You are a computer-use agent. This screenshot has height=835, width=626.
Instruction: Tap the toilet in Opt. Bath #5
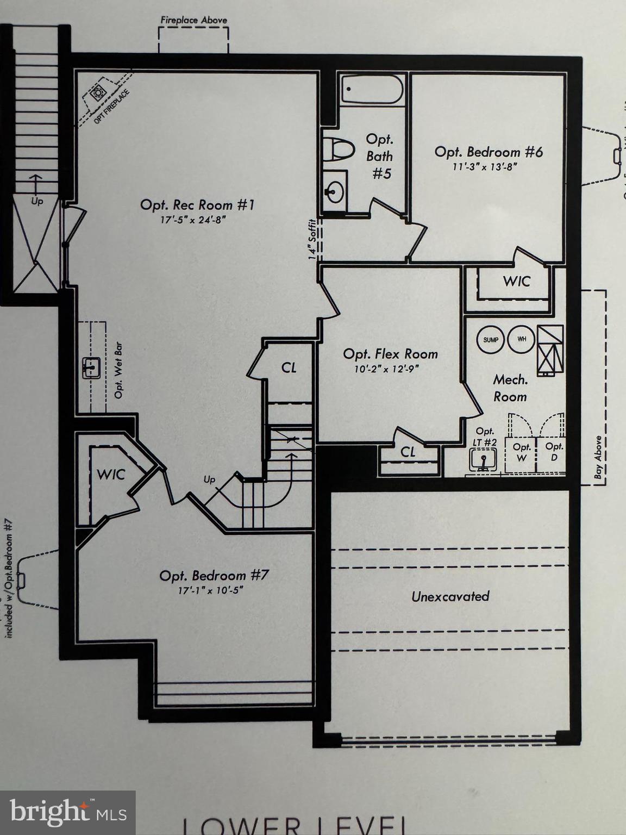pyautogui.click(x=338, y=148)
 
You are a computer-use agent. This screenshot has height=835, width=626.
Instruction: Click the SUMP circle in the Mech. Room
pyautogui.click(x=490, y=340)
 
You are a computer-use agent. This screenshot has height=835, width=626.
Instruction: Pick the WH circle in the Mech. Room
pyautogui.click(x=522, y=340)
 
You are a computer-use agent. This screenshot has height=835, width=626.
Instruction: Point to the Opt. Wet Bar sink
pyautogui.click(x=90, y=368)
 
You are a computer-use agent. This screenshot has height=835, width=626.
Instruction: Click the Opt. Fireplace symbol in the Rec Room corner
pyautogui.click(x=99, y=94)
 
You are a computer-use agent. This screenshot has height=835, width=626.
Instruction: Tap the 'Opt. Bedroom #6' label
pyautogui.click(x=489, y=152)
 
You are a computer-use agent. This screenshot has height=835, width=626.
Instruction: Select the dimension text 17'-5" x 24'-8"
pyautogui.click(x=193, y=220)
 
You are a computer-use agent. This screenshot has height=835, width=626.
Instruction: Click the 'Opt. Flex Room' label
pyautogui.click(x=390, y=354)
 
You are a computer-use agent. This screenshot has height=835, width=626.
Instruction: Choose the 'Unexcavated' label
pyautogui.click(x=450, y=596)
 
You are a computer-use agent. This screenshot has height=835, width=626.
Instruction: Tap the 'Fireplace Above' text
pyautogui.click(x=193, y=20)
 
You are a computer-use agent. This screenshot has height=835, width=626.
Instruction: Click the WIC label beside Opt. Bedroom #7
pyautogui.click(x=111, y=474)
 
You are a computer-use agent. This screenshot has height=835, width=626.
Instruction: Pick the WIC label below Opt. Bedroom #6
pyautogui.click(x=516, y=281)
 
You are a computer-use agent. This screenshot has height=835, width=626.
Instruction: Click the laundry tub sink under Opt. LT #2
pyautogui.click(x=483, y=460)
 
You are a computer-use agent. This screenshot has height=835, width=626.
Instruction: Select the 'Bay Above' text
pyautogui.click(x=598, y=457)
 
